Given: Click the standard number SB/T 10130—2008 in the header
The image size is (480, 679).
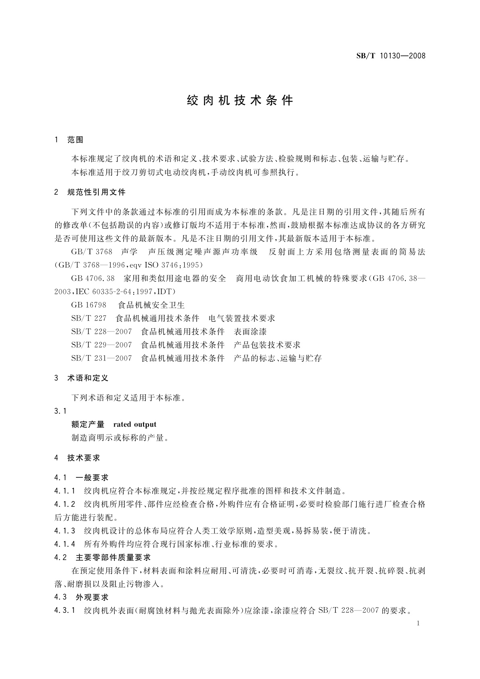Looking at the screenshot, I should tap(391, 56).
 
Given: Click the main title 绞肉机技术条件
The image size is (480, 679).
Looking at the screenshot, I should tap(240, 100).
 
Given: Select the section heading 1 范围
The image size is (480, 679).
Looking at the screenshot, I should tap(69, 140).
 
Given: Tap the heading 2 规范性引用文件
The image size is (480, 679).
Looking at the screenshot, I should tap(90, 192).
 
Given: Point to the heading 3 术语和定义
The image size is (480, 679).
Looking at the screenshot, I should tap(81, 378).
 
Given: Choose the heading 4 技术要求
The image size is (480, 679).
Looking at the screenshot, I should tap(77, 458).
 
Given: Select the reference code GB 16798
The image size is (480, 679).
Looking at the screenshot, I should tap(89, 305).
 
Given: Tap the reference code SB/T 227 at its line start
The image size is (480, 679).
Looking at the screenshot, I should tap(89, 319).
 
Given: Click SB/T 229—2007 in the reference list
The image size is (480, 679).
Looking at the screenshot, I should tap(101, 345).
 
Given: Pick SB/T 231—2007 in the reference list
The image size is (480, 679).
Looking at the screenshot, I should tap(101, 358).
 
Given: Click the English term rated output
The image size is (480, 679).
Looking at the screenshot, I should tap(135, 424).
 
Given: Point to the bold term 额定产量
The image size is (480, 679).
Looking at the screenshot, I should tap(88, 424).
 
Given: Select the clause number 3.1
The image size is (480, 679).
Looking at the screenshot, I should tap(60, 411).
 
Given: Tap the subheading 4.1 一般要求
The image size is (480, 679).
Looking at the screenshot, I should tap(81, 478).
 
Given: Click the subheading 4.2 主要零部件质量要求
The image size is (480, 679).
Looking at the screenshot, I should tap(102, 557).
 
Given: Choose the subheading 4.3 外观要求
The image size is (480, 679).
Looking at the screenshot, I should tap(81, 597).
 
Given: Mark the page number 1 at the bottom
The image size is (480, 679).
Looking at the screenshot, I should tap(418, 623).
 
